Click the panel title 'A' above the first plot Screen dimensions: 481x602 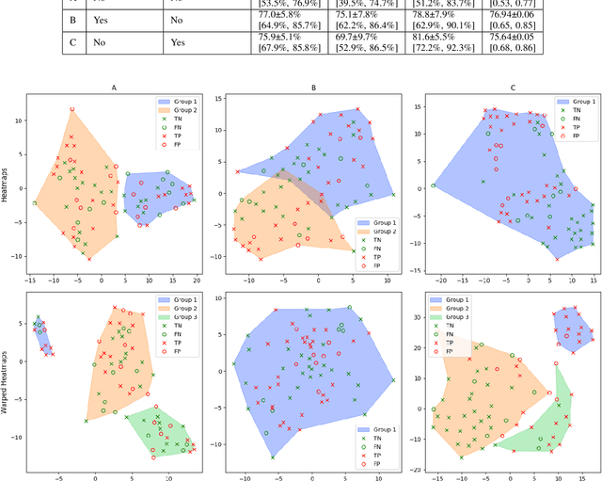click(114, 88)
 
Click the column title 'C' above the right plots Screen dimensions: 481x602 click(513, 88)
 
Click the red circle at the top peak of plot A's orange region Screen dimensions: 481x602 click(71, 109)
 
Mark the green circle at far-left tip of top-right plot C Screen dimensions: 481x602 click(434, 185)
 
